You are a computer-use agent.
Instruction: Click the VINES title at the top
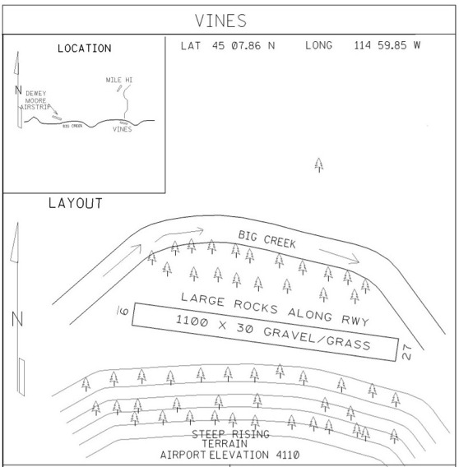tap(220, 21)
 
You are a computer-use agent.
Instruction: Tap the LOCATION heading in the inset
tap(85, 49)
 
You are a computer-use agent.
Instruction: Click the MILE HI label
tap(119, 80)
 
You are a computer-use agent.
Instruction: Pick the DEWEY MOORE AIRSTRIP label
tap(35, 100)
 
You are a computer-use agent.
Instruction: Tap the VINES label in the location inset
tap(123, 129)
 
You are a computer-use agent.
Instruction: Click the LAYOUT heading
tap(76, 203)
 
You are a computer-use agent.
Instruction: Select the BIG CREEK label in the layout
tap(267, 239)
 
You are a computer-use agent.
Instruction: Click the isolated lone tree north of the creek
tap(319, 165)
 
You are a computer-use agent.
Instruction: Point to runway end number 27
tap(406, 352)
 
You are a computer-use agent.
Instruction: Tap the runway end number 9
tap(123, 311)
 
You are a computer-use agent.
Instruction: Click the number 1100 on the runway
tap(192, 321)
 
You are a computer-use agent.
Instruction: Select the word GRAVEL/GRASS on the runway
tap(317, 339)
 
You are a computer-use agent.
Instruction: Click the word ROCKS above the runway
tap(256, 307)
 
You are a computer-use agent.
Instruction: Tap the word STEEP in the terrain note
tap(208, 434)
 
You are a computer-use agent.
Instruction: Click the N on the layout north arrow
tap(17, 319)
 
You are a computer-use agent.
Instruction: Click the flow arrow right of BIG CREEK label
tap(339, 257)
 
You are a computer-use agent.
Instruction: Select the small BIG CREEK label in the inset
tap(72, 126)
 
